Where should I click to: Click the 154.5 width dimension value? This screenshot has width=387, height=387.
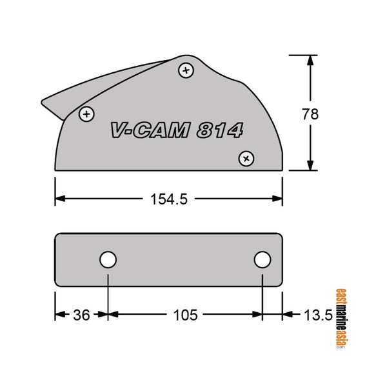pyautogui.click(x=169, y=199)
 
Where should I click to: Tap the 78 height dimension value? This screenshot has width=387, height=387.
pyautogui.click(x=311, y=114)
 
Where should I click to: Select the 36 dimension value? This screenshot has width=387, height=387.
pyautogui.click(x=82, y=315)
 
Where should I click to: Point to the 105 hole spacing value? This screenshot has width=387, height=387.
pyautogui.click(x=185, y=315)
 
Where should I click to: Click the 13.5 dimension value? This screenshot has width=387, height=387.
pyautogui.click(x=318, y=315)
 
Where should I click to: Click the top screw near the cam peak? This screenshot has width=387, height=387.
pyautogui.click(x=186, y=70)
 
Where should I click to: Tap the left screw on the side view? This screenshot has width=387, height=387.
pyautogui.click(x=86, y=114)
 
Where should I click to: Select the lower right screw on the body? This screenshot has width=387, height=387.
pyautogui.click(x=246, y=158)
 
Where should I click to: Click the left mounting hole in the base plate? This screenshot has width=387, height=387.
pyautogui.click(x=108, y=260)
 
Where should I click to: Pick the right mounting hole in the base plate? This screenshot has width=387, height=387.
pyautogui.click(x=262, y=260)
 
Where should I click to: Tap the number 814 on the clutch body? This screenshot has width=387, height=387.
pyautogui.click(x=219, y=131)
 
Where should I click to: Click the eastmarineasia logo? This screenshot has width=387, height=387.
pyautogui.click(x=341, y=317)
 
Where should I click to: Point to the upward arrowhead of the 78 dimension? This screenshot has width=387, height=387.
pyautogui.click(x=311, y=59)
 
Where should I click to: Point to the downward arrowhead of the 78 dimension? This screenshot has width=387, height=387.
pyautogui.click(x=311, y=166)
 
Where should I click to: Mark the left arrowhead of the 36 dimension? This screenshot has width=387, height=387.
pyautogui.click(x=59, y=315)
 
